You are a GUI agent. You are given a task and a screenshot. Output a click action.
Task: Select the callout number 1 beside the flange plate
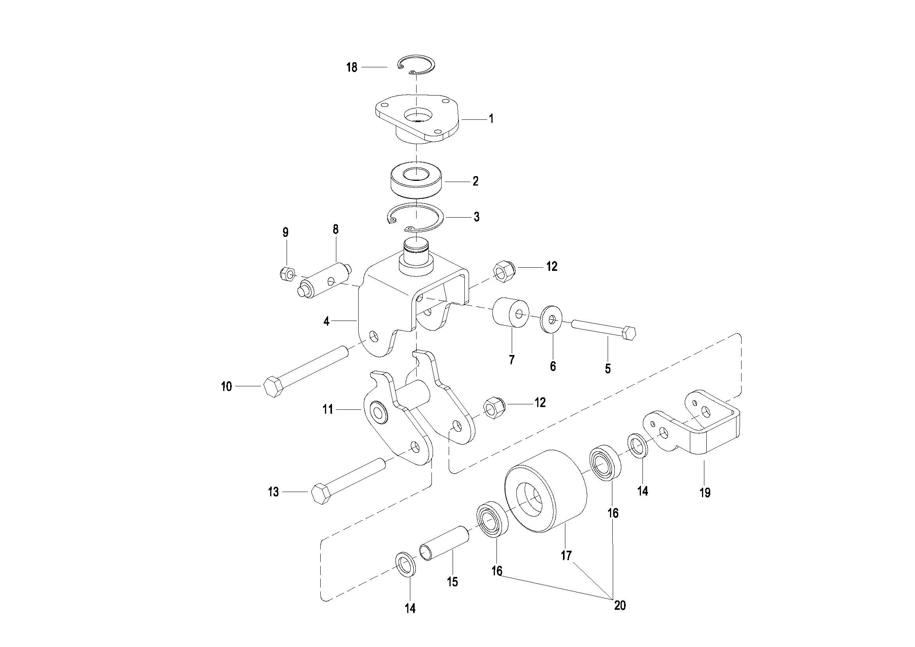[491, 118]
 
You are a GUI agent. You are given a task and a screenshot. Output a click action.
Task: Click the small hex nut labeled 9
[287, 273]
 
